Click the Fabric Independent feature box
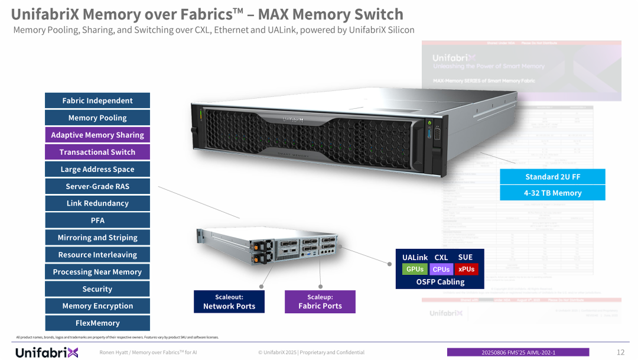coord(97,100)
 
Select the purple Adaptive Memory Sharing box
coord(97,135)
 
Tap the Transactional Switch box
coord(97,152)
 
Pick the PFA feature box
coord(97,220)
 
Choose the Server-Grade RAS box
coord(97,186)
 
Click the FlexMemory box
coord(97,323)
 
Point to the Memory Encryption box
coord(97,306)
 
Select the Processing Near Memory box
coord(97,272)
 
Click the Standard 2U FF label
coord(552,177)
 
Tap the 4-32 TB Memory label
coord(552,193)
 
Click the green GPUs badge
coord(415,269)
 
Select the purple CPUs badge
coord(441,269)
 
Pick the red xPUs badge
coord(467,269)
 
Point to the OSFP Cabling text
coord(441,282)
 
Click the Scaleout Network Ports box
coord(229,301)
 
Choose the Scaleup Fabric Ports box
coord(320,301)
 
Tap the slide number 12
coord(620,352)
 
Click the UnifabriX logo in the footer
coord(47,352)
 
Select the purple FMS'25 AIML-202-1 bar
coord(518,352)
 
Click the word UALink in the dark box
coord(415,257)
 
